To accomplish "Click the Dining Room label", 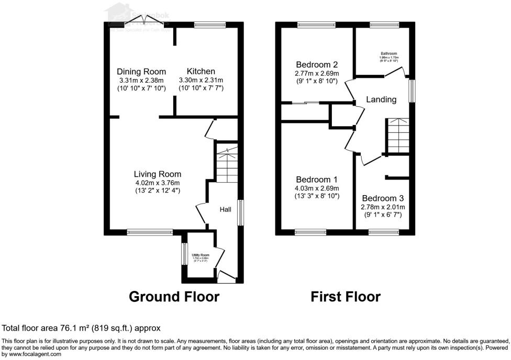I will point(141,72).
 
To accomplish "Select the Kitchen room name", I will point(201,72).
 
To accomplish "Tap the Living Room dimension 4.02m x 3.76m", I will point(157,183).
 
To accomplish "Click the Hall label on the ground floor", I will point(225,209).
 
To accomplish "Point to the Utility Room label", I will point(200,255).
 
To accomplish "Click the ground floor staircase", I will point(227,164).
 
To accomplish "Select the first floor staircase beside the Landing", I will point(398,135).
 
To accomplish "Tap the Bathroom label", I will point(388,53).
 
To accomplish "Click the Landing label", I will point(381,99).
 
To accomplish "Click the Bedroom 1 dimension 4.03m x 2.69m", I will point(316,188).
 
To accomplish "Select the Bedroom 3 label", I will point(383,198).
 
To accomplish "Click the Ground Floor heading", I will point(174,297).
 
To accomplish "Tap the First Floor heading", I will point(346,297).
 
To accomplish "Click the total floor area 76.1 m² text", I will point(81,328).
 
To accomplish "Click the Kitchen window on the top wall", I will point(209,24).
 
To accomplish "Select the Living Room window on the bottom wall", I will point(149,232).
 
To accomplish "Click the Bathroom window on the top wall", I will point(384,24).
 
